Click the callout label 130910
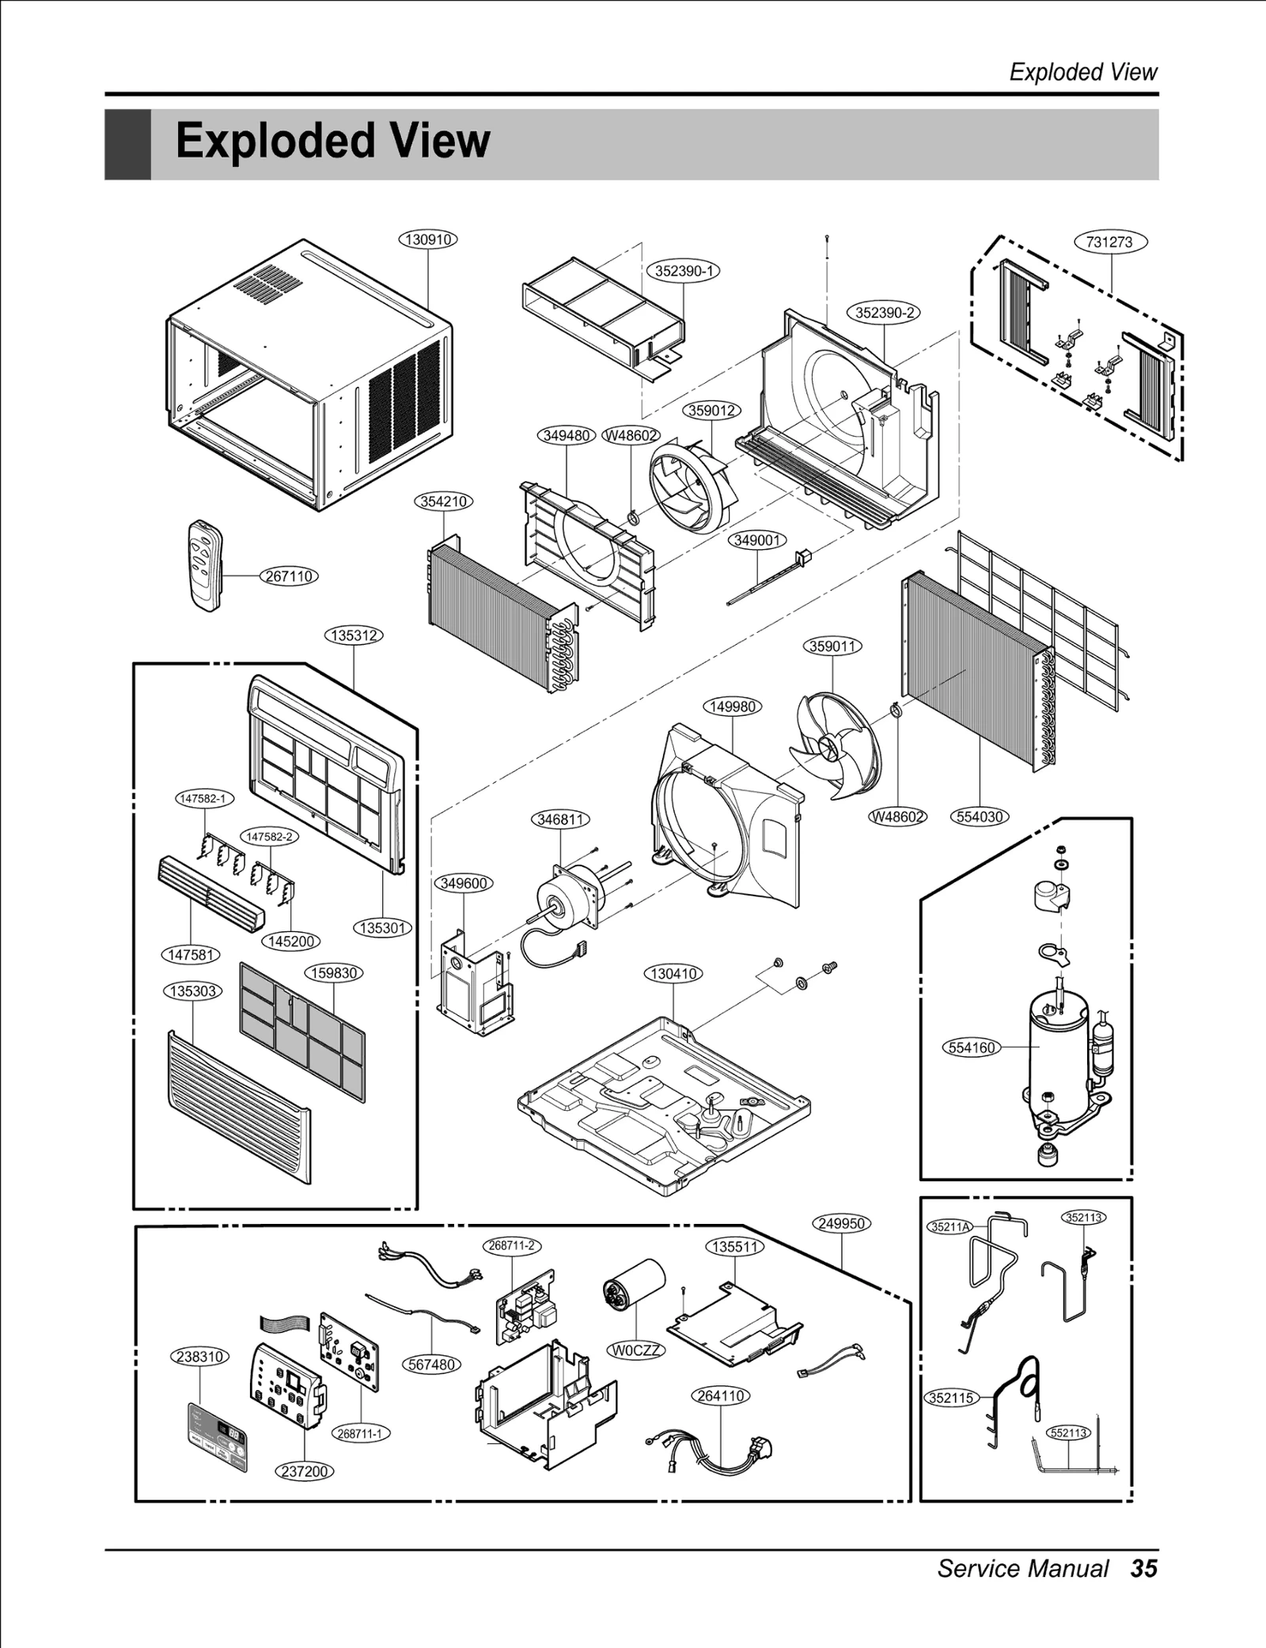(428, 239)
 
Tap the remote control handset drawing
(206, 564)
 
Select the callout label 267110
(289, 576)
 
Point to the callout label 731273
(1109, 242)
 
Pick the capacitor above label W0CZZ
(632, 1290)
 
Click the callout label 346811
(560, 820)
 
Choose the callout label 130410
(673, 973)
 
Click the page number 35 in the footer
(1143, 1567)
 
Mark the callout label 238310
(200, 1357)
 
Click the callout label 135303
(194, 991)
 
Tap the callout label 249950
(841, 1224)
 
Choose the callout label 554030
(980, 816)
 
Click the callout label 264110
(721, 1396)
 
